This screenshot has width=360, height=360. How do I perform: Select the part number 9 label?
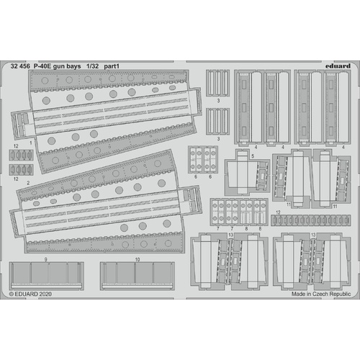coord(45,258)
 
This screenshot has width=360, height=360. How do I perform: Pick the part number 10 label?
coord(137,258)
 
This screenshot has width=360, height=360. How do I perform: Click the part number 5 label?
coord(253,156)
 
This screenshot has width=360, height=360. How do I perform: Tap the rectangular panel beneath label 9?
coord(45,274)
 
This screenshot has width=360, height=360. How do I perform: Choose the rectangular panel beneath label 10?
coord(137,274)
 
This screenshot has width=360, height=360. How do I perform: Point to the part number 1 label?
coord(31,143)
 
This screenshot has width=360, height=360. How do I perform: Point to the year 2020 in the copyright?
coord(46,294)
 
